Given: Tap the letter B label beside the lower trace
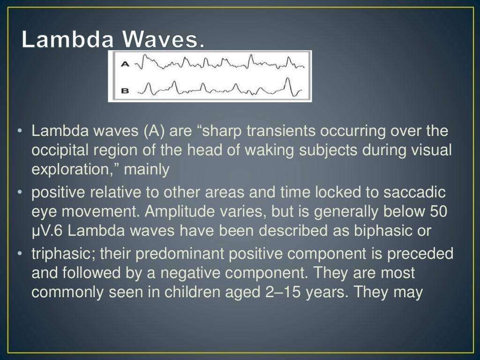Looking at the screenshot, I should point(125,90).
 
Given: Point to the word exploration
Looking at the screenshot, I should point(68,169).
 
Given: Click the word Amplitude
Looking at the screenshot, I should point(175,211).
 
